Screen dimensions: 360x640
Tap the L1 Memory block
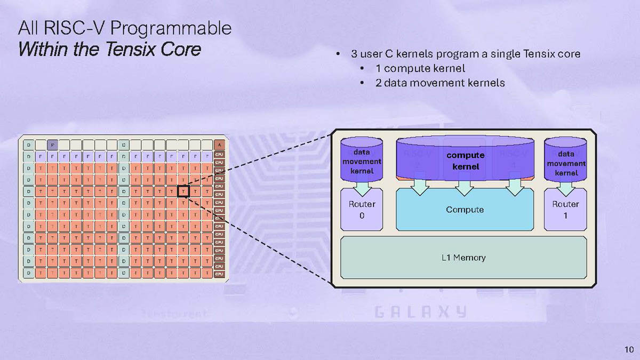coord(463,258)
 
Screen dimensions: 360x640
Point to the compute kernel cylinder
coord(465,159)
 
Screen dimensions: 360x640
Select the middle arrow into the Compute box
coord(465,186)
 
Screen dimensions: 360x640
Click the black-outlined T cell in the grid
coord(183,190)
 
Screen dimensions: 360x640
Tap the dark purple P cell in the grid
coord(52,144)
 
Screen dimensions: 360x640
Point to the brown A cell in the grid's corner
coord(219,144)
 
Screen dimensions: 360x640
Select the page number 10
coord(628,349)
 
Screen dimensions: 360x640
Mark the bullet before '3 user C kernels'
coord(337,54)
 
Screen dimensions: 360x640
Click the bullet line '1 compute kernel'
coord(420,68)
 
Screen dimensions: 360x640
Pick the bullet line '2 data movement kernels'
coord(439,83)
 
